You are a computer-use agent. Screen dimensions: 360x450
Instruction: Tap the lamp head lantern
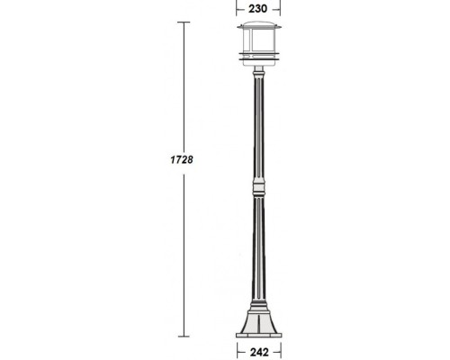click(259, 45)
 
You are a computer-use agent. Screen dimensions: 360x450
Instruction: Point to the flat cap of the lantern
click(259, 28)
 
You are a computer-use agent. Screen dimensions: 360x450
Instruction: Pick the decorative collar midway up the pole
click(259, 188)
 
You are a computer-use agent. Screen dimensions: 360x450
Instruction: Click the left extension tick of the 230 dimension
click(238, 7)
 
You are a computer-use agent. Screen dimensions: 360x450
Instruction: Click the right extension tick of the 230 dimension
click(280, 7)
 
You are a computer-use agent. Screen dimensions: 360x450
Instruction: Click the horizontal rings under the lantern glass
click(259, 59)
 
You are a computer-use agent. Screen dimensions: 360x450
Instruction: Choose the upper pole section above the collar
click(259, 126)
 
